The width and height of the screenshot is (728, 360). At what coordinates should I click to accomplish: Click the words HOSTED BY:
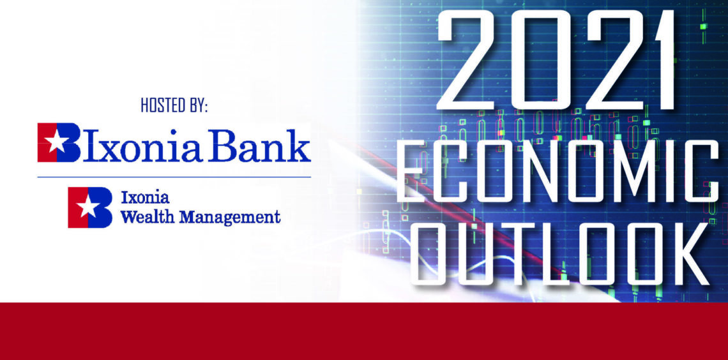coord(174,106)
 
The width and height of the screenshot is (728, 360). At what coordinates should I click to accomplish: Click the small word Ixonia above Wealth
coord(145,198)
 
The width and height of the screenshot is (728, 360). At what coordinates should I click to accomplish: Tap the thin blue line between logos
coord(174,177)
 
